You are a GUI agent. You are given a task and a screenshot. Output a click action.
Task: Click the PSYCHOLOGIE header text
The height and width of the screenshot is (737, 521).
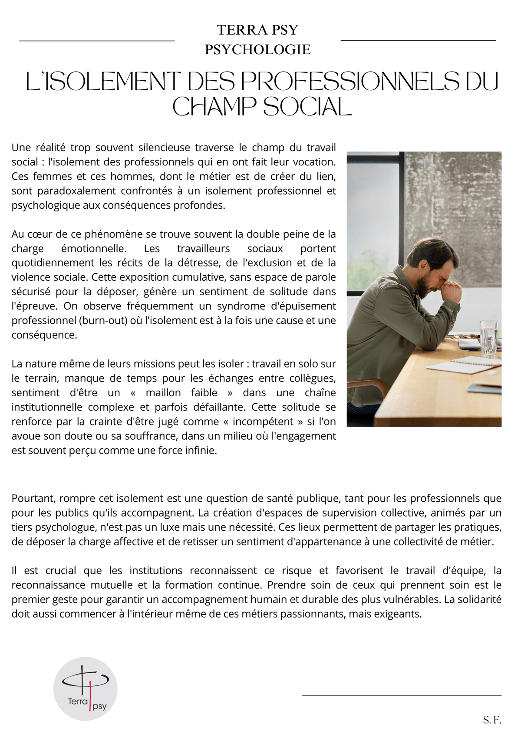pos(257,49)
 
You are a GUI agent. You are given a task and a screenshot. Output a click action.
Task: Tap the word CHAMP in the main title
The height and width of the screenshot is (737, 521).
pos(214,107)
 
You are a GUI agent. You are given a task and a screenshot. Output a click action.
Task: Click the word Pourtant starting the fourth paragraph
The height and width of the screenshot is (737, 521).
pos(33,498)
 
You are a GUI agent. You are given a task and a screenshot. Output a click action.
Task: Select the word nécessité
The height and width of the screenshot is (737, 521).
pos(254,527)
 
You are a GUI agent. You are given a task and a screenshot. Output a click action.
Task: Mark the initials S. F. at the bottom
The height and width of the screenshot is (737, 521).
pos(492,720)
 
